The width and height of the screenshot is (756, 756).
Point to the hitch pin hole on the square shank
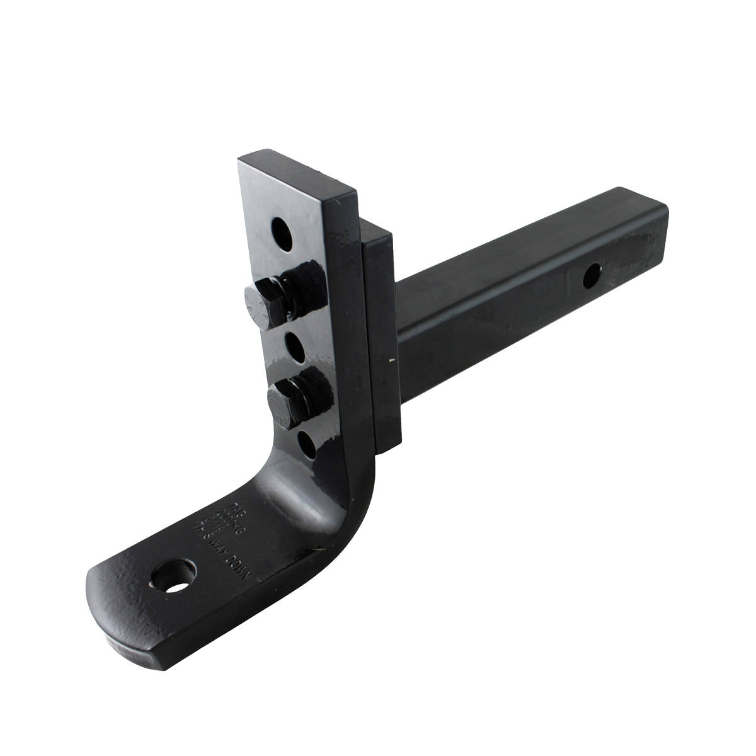592,275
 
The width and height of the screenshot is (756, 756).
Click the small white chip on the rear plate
394,360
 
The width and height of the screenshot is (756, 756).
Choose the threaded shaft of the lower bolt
321,397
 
